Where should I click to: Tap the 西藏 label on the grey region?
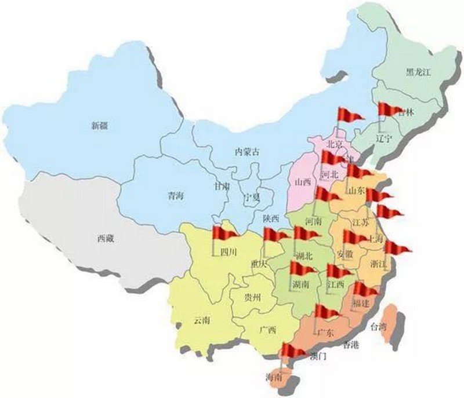[106, 238]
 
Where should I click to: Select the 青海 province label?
[176, 196]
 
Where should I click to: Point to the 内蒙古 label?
[246, 152]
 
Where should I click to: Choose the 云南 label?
[203, 320]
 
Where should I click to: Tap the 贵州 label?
[253, 298]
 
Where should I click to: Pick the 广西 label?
[268, 330]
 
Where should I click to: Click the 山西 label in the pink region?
[303, 182]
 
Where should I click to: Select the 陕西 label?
[271, 218]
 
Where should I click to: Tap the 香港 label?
[351, 346]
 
